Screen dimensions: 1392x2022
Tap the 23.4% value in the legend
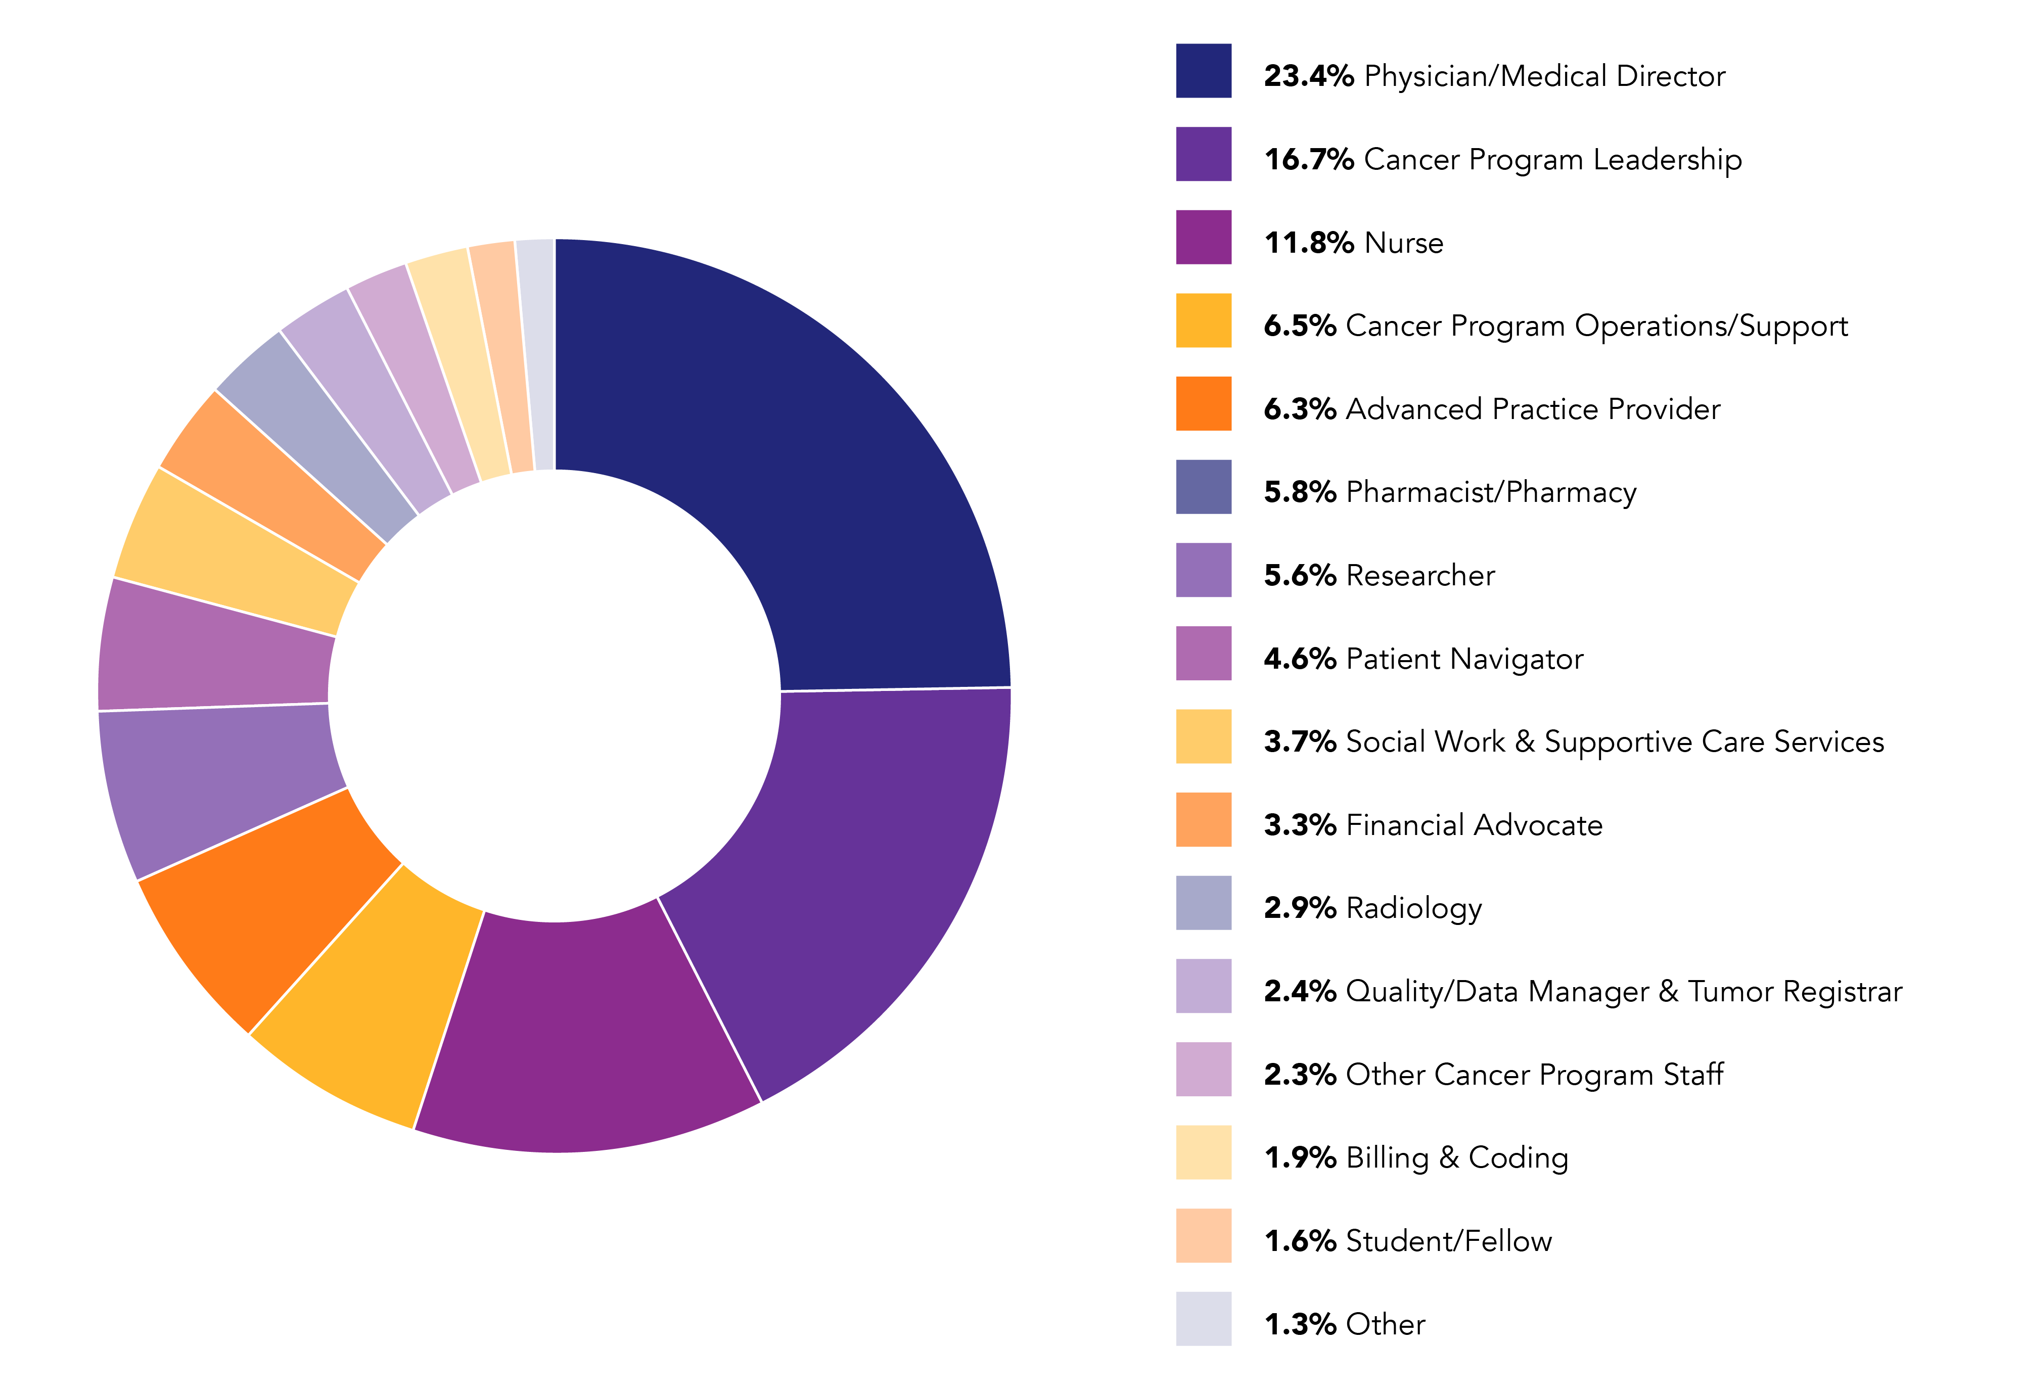point(1308,77)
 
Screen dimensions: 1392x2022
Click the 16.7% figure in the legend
point(1308,160)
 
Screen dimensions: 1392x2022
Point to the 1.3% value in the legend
point(1300,1325)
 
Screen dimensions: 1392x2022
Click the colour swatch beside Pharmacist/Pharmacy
point(1203,487)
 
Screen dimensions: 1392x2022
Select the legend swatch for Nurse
point(1203,237)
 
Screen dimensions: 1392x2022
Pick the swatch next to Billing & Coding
point(1203,1152)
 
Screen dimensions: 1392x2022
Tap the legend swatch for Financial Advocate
point(1203,820)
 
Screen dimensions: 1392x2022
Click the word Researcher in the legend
point(1420,576)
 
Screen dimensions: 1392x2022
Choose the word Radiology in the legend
point(1413,909)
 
